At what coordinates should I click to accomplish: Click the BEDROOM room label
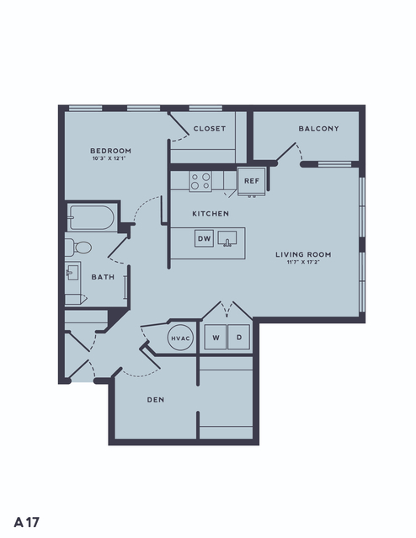110,151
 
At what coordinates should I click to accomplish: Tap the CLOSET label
210,129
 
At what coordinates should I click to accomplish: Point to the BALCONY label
318,129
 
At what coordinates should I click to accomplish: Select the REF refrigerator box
252,182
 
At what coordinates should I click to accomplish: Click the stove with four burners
200,181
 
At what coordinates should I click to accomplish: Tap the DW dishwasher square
205,238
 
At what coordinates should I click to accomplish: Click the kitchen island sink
227,238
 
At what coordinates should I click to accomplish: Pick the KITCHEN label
211,214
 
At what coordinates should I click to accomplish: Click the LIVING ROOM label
303,254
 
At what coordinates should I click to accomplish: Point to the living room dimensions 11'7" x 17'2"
303,263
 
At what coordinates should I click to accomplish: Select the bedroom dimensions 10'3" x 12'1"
109,158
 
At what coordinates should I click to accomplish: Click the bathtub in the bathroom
91,218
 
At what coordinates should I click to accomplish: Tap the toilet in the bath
78,248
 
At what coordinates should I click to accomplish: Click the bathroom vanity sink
72,273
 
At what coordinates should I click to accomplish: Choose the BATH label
103,277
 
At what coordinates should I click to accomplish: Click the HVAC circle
180,338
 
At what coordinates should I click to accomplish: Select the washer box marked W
216,338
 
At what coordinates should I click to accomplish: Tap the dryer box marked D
239,338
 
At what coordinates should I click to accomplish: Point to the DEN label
156,400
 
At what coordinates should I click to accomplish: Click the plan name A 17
26,522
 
